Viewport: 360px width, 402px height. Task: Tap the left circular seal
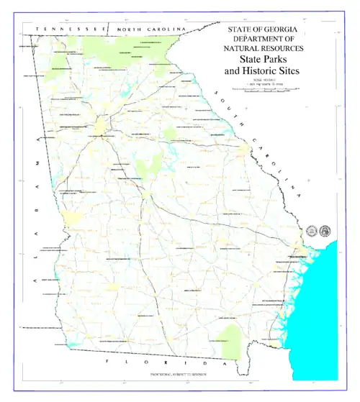pos(312,231)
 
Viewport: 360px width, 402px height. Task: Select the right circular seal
pos(323,231)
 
